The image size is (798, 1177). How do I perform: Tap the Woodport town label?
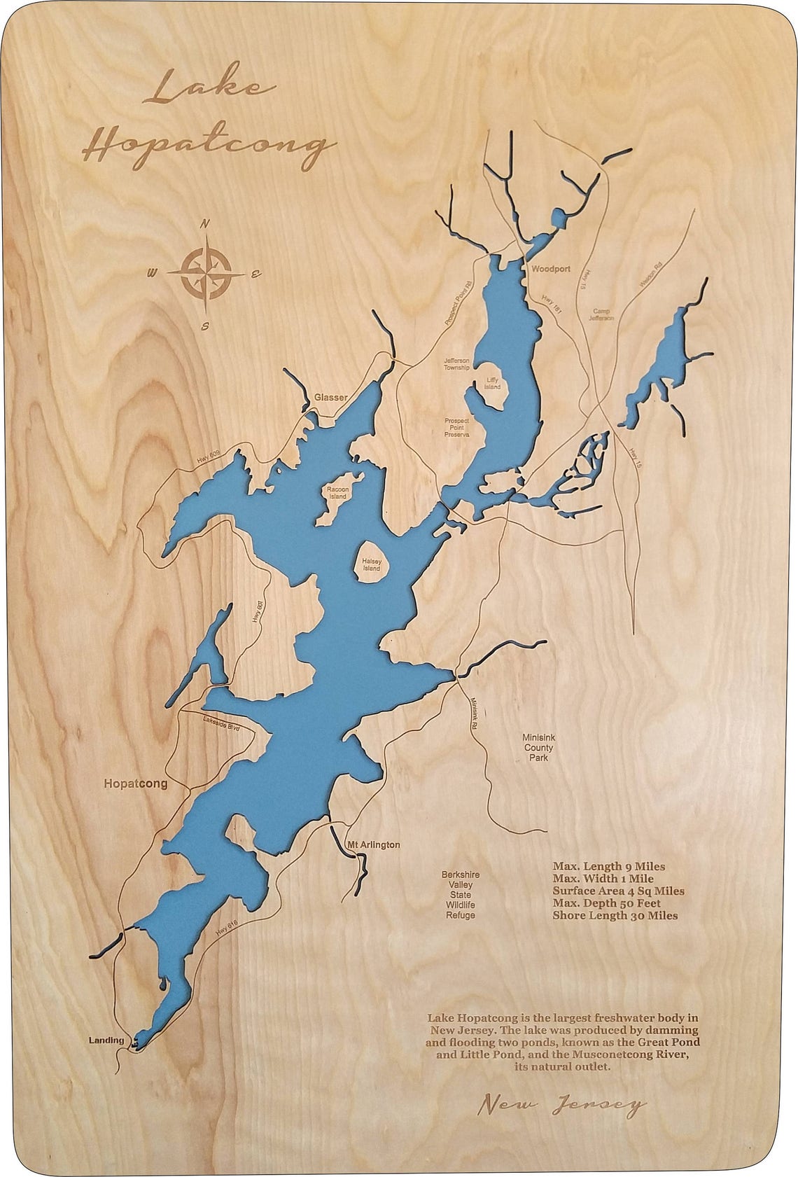[550, 269]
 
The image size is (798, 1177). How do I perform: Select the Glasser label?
[330, 398]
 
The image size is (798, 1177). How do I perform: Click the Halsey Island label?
[371, 564]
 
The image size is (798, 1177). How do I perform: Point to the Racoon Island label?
[338, 492]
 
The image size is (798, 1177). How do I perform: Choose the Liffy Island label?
[493, 383]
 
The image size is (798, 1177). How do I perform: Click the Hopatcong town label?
[135, 783]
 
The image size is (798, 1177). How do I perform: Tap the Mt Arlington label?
[374, 844]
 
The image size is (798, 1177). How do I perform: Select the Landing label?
[106, 1040]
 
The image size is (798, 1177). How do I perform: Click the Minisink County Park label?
[538, 747]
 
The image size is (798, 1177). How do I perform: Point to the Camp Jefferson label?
[603, 314]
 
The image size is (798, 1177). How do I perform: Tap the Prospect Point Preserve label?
[456, 428]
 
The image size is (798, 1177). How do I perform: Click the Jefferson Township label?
[457, 364]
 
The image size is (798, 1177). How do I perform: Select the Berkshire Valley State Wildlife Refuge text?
[460, 895]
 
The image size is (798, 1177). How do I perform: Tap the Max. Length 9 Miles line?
[608, 866]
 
